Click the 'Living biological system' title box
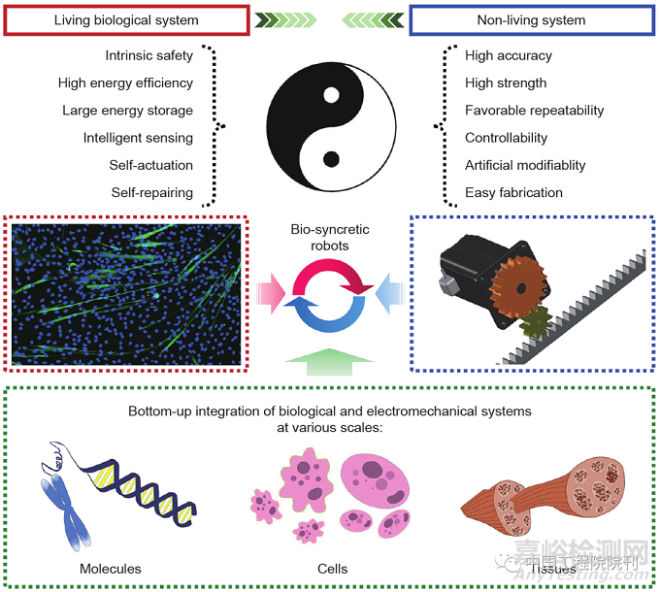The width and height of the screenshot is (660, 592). click(x=126, y=18)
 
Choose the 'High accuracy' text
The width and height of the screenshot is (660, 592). click(x=509, y=56)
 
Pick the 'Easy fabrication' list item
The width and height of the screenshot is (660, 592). click(x=512, y=192)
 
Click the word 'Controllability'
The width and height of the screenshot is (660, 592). click(x=507, y=138)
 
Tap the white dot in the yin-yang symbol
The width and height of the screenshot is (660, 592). click(x=331, y=96)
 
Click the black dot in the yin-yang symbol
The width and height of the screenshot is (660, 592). click(x=331, y=158)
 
